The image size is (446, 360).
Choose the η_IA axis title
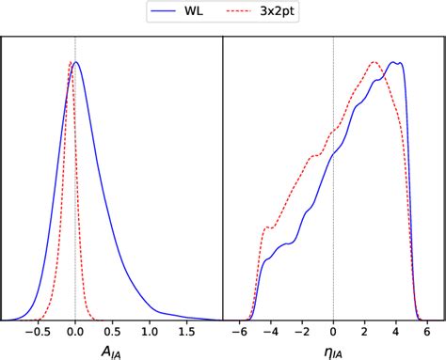click(x=333, y=352)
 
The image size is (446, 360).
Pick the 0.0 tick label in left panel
click(x=75, y=332)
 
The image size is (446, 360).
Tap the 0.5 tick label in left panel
click(x=112, y=332)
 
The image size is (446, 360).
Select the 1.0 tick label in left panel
click(x=149, y=332)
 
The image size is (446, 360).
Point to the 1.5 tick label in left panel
click(x=185, y=332)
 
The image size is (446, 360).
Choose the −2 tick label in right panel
click(x=301, y=332)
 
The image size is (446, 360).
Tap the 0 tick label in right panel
click(x=333, y=332)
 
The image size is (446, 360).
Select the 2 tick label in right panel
click(x=364, y=332)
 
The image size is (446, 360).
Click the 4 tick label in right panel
click(x=395, y=332)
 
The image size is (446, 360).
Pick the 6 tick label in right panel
click(x=426, y=332)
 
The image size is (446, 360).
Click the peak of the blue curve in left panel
click(x=77, y=62)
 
